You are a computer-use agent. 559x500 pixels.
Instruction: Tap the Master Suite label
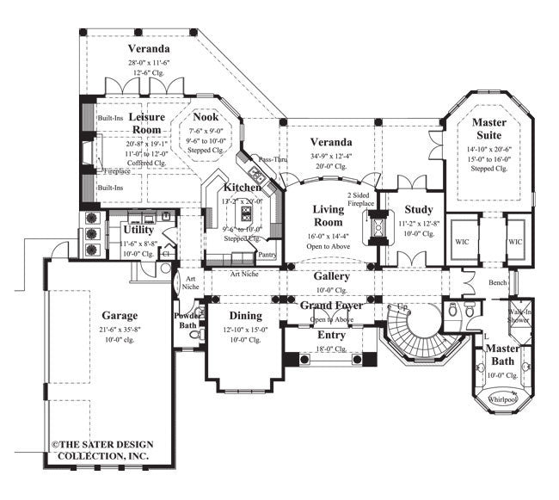tap(494, 130)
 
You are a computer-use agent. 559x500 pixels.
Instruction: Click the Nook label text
tap(205, 117)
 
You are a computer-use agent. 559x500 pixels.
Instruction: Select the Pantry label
tap(267, 255)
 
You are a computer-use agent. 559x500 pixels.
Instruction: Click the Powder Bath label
tap(188, 320)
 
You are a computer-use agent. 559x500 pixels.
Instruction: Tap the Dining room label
tap(245, 317)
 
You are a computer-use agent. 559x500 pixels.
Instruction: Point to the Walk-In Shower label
tap(520, 315)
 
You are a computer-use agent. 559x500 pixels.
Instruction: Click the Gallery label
tap(331, 277)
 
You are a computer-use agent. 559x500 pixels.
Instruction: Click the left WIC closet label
tap(462, 243)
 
